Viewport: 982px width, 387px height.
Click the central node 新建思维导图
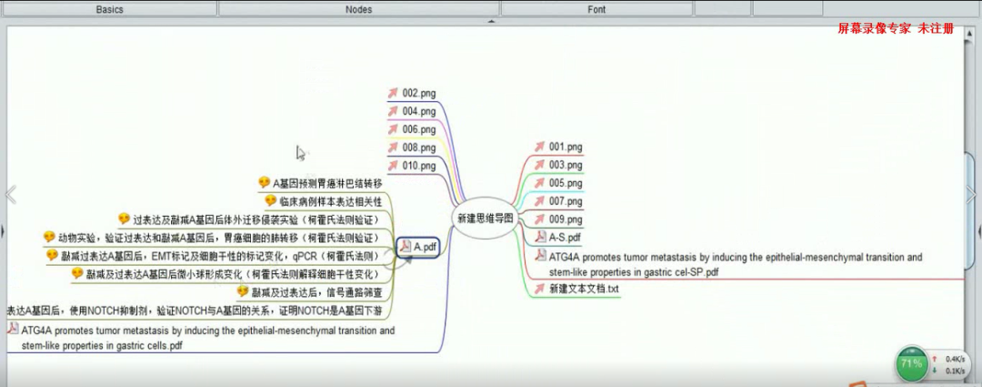pos(485,219)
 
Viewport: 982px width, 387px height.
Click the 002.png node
pos(418,93)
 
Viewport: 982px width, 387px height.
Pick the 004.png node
pos(418,111)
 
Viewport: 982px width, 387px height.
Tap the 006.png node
pos(418,129)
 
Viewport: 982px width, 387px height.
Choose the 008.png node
pos(418,148)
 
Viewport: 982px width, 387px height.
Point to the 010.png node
pos(418,166)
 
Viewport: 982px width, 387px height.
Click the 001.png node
pos(565,147)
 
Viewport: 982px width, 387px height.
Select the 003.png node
pos(565,165)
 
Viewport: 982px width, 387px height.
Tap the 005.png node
pos(565,183)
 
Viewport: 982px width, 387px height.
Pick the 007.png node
pos(565,201)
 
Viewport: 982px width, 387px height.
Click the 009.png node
pos(565,219)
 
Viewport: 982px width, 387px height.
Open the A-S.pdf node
pos(564,238)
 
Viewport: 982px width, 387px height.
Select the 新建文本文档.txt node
pos(583,289)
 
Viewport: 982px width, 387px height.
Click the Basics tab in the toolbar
pos(109,9)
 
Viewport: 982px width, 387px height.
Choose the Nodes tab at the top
pos(358,9)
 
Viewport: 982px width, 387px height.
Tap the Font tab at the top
pos(596,9)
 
